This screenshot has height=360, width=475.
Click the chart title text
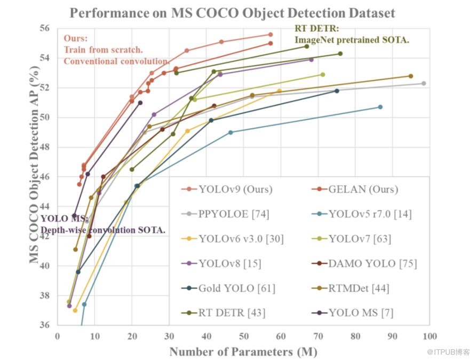click(x=232, y=13)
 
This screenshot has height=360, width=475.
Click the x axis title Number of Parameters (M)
click(x=243, y=351)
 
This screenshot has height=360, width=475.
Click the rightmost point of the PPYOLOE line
click(x=424, y=83)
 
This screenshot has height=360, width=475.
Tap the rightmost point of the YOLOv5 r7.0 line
click(x=380, y=107)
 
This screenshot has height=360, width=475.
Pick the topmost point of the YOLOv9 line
click(x=271, y=35)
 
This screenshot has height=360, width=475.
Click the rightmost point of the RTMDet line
click(x=410, y=76)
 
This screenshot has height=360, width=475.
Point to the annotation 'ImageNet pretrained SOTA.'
click(x=352, y=39)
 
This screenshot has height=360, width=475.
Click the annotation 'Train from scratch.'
click(x=104, y=50)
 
